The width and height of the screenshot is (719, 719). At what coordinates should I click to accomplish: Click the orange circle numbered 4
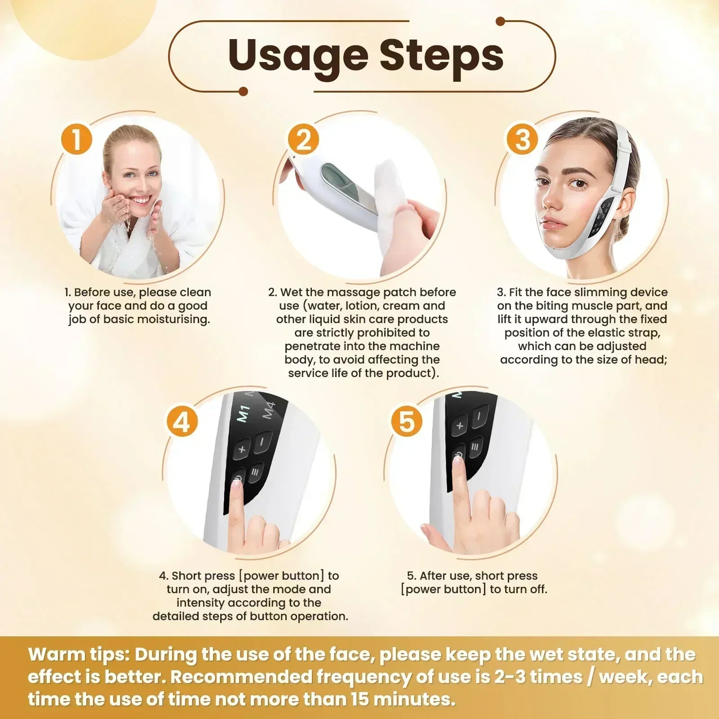coord(182,422)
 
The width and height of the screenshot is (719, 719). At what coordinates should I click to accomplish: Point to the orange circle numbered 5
coord(406,422)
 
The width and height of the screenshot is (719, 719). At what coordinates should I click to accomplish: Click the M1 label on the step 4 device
coord(243,414)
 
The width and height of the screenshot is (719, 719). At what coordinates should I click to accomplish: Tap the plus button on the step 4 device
coord(242,448)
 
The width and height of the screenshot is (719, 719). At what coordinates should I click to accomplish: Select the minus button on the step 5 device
coord(479,416)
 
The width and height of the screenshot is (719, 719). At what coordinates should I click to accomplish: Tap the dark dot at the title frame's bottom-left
coord(243,92)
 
